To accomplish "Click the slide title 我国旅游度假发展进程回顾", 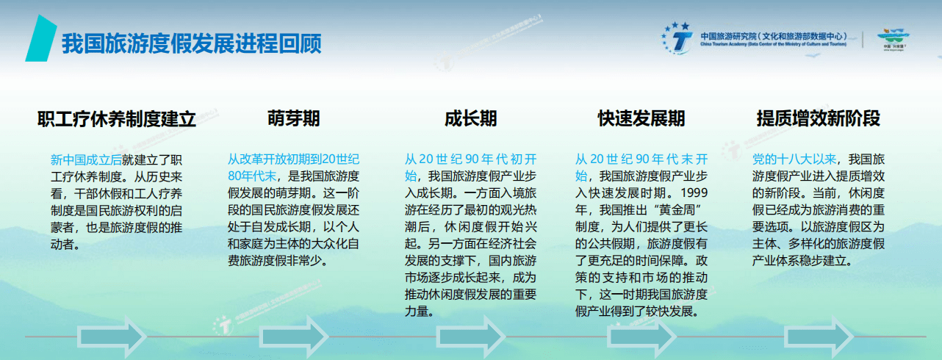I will [191, 43].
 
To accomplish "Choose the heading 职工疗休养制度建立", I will [117, 119].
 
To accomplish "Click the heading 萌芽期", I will [294, 119].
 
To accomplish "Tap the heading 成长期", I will [470, 119].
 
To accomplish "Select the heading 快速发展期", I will [641, 119].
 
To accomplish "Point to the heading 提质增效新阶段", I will [818, 119].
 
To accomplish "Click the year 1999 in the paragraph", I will [694, 193].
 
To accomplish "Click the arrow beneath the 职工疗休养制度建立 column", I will [112, 336].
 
